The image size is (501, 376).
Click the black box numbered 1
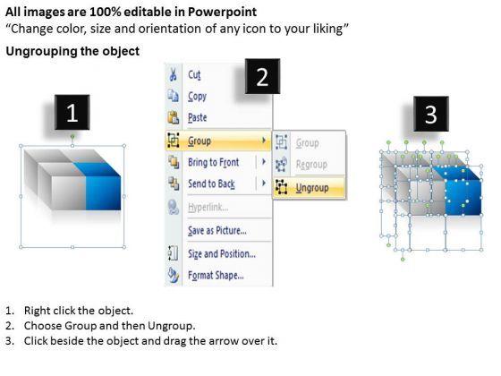pos(72,112)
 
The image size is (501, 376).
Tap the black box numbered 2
pos(262,76)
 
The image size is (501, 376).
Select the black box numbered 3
pos(431,114)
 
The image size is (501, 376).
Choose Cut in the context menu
pos(194,75)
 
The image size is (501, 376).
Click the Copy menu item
pos(197,97)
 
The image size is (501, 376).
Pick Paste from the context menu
pos(198,117)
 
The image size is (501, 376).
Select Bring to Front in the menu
pos(214,162)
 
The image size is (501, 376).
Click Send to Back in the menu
pos(211,184)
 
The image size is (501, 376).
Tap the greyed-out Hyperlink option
pos(208,208)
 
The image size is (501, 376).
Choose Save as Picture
pos(217,231)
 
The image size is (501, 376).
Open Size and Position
pos(222,254)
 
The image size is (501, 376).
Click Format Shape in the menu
pos(216,276)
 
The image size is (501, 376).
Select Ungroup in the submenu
pos(312,188)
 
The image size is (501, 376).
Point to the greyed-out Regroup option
pos(311,165)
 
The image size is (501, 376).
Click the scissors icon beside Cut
pos(173,74)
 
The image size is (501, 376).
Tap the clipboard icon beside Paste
pos(174,117)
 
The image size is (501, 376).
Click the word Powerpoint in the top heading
pos(222,12)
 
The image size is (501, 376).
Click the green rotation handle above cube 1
pos(72,136)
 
